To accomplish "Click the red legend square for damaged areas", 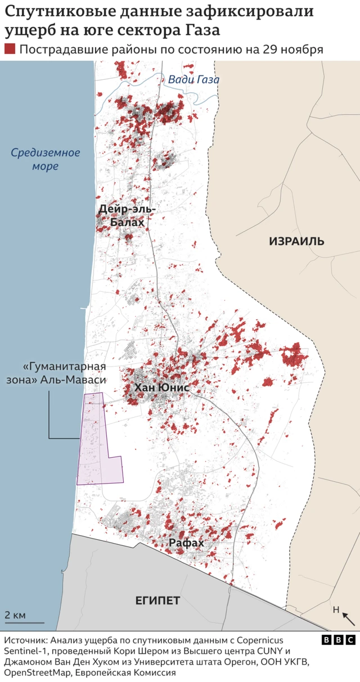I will (10, 49).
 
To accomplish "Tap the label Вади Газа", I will (193, 80).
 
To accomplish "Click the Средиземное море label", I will (46, 159).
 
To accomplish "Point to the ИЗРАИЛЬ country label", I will (296, 241).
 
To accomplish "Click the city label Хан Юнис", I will (161, 388).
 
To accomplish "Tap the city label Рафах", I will (186, 543).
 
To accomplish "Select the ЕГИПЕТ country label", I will (157, 600).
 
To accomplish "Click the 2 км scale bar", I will (25, 622).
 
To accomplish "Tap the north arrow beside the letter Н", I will (348, 619).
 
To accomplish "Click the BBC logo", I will (339, 640).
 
